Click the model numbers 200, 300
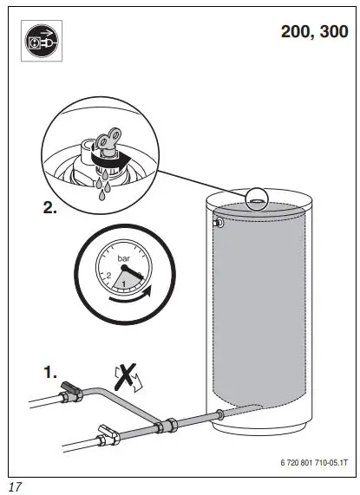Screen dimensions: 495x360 pos(312,32)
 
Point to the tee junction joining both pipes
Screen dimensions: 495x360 pos(164,428)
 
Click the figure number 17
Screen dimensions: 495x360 pos(16,485)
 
